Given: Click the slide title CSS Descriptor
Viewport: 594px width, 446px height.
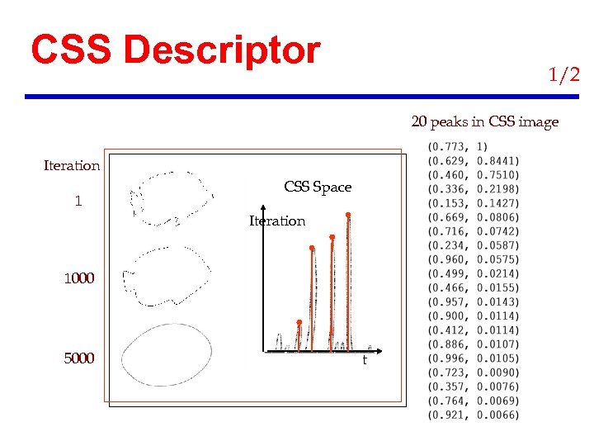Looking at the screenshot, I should pos(175,50).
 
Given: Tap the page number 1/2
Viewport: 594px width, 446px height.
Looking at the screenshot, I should pos(564,75).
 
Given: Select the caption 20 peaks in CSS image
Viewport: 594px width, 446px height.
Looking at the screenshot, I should pos(484,122).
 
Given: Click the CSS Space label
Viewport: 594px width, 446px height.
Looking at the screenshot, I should pos(318,187).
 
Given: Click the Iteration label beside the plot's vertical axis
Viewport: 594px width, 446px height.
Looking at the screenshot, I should pos(277,221).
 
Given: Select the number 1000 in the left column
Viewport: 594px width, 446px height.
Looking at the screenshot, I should pos(79,278).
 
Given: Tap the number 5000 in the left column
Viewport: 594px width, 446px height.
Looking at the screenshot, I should pos(79,358).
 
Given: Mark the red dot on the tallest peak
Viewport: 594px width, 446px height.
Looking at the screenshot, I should pos(348,215).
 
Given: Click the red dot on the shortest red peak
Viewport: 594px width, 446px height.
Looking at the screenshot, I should pos(299,322).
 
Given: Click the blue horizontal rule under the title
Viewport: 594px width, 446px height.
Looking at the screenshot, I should pos(302,97).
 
